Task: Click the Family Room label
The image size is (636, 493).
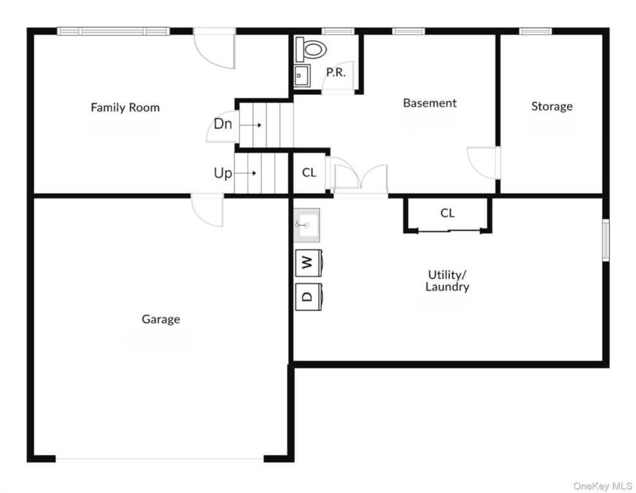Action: click(125, 107)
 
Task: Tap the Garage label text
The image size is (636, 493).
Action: click(161, 319)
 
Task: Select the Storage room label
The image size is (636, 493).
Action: click(552, 106)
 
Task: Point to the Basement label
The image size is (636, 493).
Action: click(430, 103)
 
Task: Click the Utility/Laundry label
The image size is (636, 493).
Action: click(447, 281)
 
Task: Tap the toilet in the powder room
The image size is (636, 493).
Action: click(311, 49)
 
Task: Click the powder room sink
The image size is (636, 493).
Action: click(302, 75)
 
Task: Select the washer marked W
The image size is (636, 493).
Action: click(308, 263)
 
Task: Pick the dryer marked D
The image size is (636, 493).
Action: click(308, 297)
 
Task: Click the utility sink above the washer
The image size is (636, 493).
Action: click(306, 225)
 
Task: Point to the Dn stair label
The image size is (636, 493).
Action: click(223, 124)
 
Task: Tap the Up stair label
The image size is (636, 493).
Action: click(223, 173)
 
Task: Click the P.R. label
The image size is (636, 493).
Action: click(336, 73)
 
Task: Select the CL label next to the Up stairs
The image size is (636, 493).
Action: click(309, 173)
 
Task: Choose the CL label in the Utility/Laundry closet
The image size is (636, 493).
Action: click(447, 213)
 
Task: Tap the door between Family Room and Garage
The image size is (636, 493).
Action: click(208, 210)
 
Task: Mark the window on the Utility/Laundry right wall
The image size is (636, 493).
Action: click(606, 240)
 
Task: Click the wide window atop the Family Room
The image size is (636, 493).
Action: click(113, 31)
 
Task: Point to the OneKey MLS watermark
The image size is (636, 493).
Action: click(603, 486)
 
